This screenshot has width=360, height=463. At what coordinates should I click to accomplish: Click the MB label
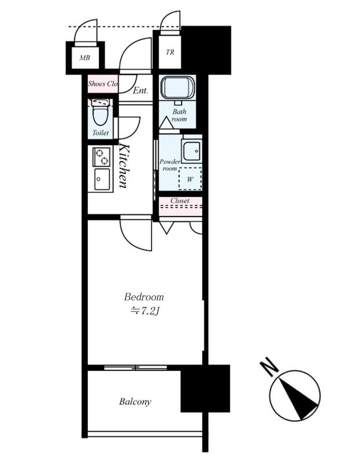coord(85,57)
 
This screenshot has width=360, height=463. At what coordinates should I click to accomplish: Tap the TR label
coord(170,52)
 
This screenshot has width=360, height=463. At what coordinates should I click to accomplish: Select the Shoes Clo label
coord(103,83)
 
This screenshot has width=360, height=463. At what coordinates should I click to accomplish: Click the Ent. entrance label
coord(140,90)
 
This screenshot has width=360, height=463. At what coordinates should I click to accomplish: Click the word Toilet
coord(100,133)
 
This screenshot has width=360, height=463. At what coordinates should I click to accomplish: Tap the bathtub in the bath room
coord(177,89)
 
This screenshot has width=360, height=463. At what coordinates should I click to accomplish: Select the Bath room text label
coord(179,115)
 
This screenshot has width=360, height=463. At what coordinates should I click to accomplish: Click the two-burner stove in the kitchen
coord(102,156)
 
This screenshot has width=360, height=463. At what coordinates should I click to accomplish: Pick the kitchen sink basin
coord(102,179)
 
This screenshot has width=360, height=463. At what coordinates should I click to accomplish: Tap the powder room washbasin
coord(192,151)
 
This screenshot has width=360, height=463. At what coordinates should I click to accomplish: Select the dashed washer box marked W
coord(190,179)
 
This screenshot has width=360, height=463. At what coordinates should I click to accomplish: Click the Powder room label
coord(170,165)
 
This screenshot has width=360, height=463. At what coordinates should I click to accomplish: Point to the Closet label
coord(180,200)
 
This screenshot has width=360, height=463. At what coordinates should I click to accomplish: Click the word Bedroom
coord(144,296)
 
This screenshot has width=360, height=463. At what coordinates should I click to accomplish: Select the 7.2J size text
coord(145,311)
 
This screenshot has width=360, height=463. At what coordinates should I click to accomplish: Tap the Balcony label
coord(135,402)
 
